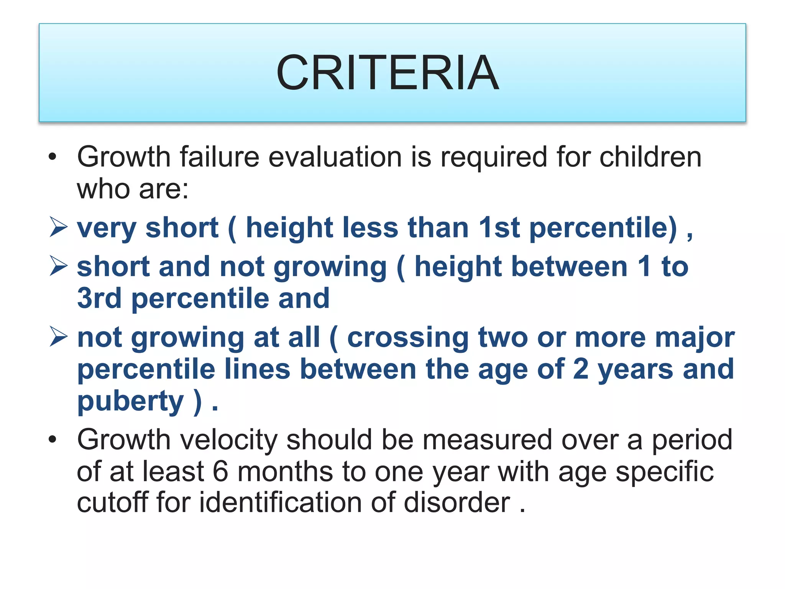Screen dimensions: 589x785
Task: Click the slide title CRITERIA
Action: tap(388, 73)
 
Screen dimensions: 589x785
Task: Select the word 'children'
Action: tap(650, 157)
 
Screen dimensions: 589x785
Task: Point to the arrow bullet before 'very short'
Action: tap(58, 227)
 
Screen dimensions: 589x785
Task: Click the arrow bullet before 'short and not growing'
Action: tap(58, 266)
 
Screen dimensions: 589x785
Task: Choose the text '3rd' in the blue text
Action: tap(99, 298)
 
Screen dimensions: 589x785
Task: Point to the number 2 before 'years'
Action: tap(580, 369)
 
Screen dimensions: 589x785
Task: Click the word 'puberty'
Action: tap(131, 402)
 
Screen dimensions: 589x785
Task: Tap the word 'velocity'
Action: tap(228, 440)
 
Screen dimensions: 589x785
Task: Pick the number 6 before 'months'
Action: tap(220, 472)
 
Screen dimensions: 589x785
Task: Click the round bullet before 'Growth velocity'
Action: tap(53, 439)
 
